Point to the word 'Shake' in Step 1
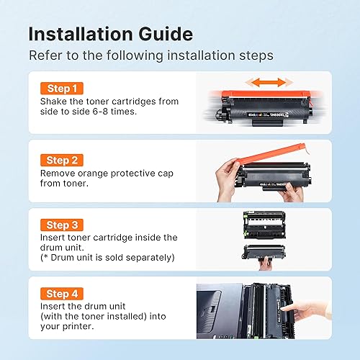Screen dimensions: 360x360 [x=56, y=102]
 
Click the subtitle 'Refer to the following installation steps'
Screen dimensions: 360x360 [x=149, y=55]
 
